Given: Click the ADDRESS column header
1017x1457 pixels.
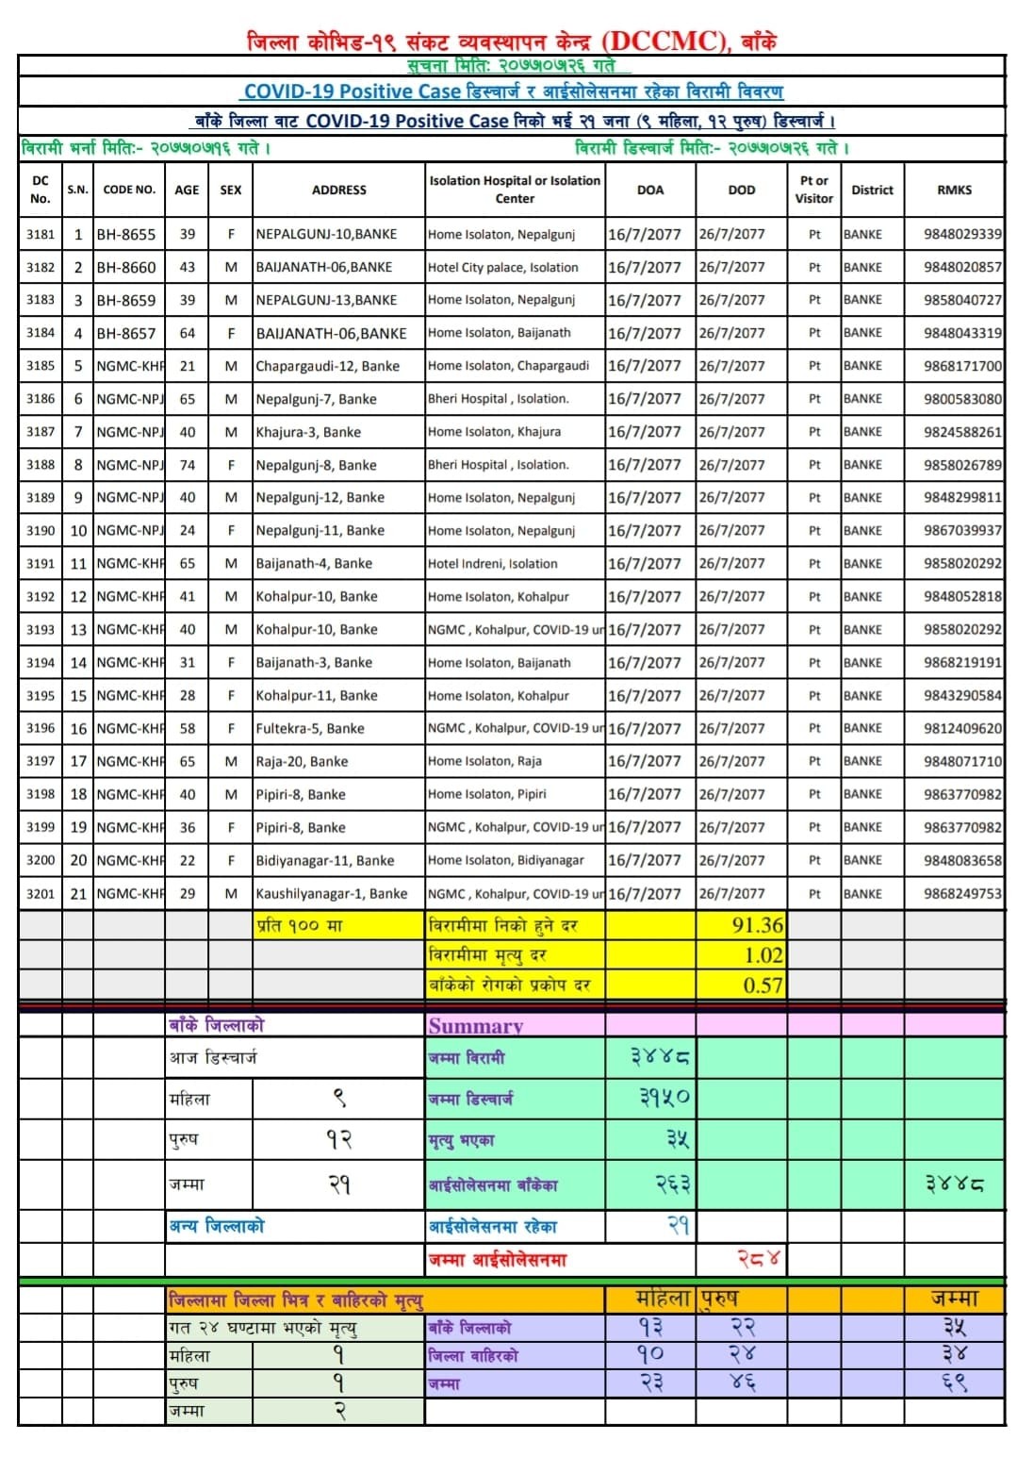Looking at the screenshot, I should coord(338,190).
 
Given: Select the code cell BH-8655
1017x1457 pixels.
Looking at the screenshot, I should coord(126,234).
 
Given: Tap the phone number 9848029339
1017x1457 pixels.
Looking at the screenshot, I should coord(962,234).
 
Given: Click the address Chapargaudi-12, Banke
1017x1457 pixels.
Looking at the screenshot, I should coord(327,366).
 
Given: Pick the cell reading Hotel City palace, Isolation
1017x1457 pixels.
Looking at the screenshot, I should coord(502,267).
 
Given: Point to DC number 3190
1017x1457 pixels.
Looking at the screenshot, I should coord(41,531).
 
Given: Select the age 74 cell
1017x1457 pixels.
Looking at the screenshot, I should coord(187,465).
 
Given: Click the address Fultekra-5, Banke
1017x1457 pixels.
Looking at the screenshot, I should coord(310,729).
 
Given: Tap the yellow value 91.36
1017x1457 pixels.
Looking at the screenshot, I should coord(757,925).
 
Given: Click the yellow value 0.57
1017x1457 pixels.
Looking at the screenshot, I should coord(763,985).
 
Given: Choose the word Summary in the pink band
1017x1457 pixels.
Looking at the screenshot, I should coord(475,1026).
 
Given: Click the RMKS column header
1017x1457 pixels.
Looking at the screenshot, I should coord(954,190).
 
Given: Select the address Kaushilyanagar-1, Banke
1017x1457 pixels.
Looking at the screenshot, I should coord(332,893).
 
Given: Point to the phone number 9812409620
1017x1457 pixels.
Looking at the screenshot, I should coord(962,729).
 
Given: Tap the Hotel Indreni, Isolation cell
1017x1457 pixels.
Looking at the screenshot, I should coord(492,564).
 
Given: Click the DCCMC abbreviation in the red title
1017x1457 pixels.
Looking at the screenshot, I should coord(664,41).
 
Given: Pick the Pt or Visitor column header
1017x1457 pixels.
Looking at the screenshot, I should coord(813,190).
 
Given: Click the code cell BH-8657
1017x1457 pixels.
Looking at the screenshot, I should coord(126,333).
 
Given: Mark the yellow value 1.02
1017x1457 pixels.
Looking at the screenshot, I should coord(763,955).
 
